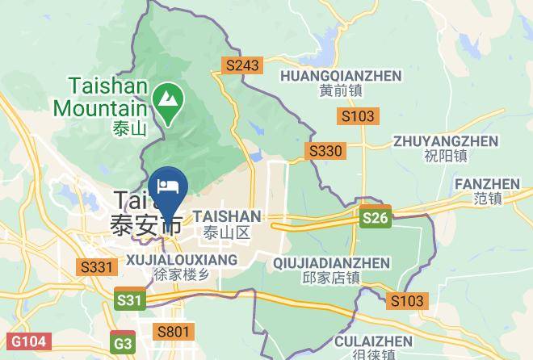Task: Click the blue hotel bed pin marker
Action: (x=169, y=188)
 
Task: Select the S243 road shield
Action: (x=242, y=66)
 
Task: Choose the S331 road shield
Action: (x=95, y=266)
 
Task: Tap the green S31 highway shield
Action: (x=130, y=300)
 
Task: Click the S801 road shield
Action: (x=174, y=331)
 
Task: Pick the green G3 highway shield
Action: (x=124, y=342)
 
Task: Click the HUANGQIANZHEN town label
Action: (x=341, y=76)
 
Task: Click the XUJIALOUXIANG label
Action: (x=182, y=260)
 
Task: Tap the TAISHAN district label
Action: (x=227, y=217)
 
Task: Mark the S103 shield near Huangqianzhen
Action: (x=358, y=116)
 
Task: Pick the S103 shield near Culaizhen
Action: (x=406, y=301)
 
